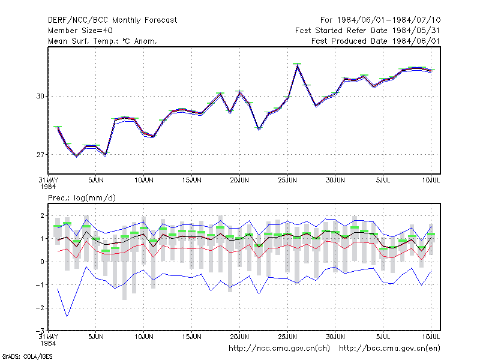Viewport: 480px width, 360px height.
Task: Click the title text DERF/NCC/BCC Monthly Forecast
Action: pyautogui.click(x=112, y=20)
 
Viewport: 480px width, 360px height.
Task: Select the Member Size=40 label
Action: pyautogui.click(x=80, y=31)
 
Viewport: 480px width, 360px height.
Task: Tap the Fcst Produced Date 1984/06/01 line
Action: pyautogui.click(x=376, y=41)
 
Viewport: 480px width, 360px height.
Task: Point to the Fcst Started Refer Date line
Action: pyautogui.click(x=368, y=31)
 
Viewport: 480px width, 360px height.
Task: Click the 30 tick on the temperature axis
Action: pyautogui.click(x=40, y=96)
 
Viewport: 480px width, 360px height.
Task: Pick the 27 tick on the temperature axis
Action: pyautogui.click(x=40, y=155)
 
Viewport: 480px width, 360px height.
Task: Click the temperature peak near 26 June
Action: pyautogui.click(x=297, y=65)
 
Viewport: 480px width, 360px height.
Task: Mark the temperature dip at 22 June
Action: pyautogui.click(x=259, y=129)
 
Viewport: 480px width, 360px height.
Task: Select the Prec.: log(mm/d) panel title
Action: pyautogui.click(x=82, y=198)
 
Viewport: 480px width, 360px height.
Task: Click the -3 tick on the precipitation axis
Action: pyautogui.click(x=40, y=331)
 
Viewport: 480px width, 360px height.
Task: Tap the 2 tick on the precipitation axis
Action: pyautogui.click(x=43, y=215)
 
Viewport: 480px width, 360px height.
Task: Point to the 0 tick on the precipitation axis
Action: pyautogui.click(x=43, y=262)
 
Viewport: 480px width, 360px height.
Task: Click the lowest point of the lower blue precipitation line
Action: pyautogui.click(x=67, y=316)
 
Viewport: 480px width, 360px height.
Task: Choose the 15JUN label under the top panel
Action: pyautogui.click(x=191, y=180)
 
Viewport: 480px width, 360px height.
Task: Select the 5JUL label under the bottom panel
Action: pyautogui.click(x=383, y=337)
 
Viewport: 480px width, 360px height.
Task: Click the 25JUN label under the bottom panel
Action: pyautogui.click(x=287, y=337)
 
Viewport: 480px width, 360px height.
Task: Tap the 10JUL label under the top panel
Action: pyautogui.click(x=431, y=180)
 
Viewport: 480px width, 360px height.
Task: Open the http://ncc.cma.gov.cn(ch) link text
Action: pyautogui.click(x=279, y=349)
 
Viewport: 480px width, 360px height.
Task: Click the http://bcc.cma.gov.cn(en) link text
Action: pyautogui.click(x=389, y=349)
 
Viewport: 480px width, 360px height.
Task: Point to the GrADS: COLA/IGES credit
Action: pyautogui.click(x=27, y=356)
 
